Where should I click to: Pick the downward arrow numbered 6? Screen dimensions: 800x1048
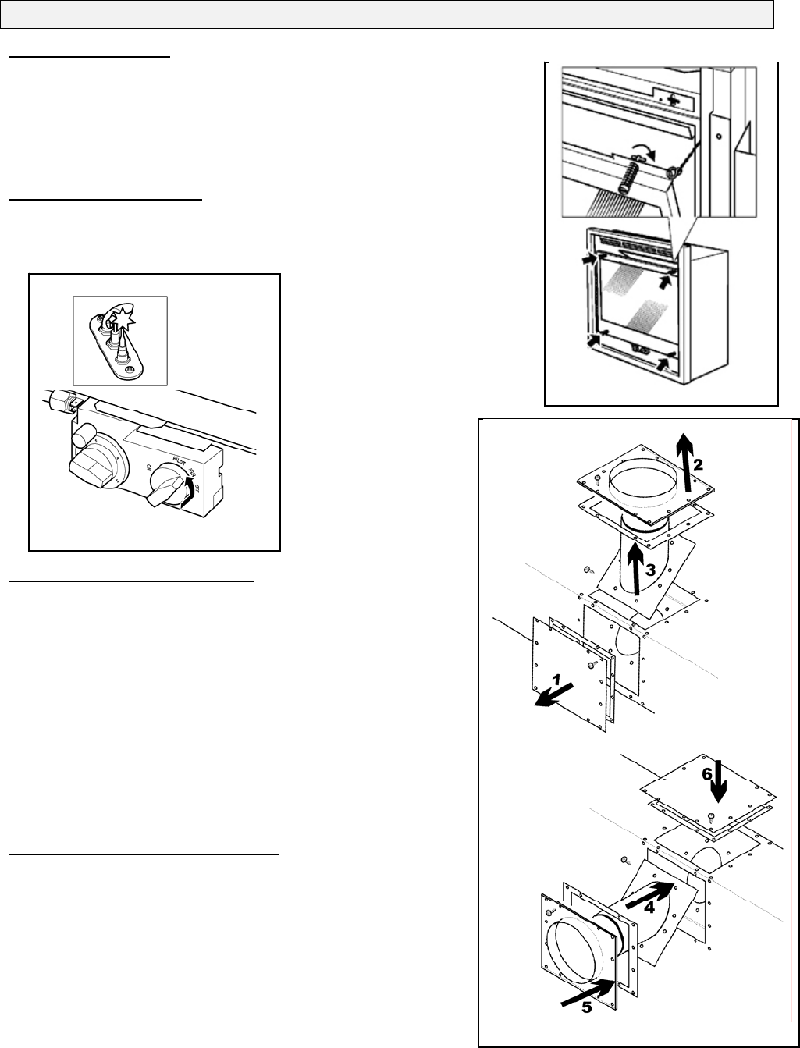(717, 784)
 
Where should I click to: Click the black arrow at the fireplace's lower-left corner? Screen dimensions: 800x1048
(592, 339)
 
